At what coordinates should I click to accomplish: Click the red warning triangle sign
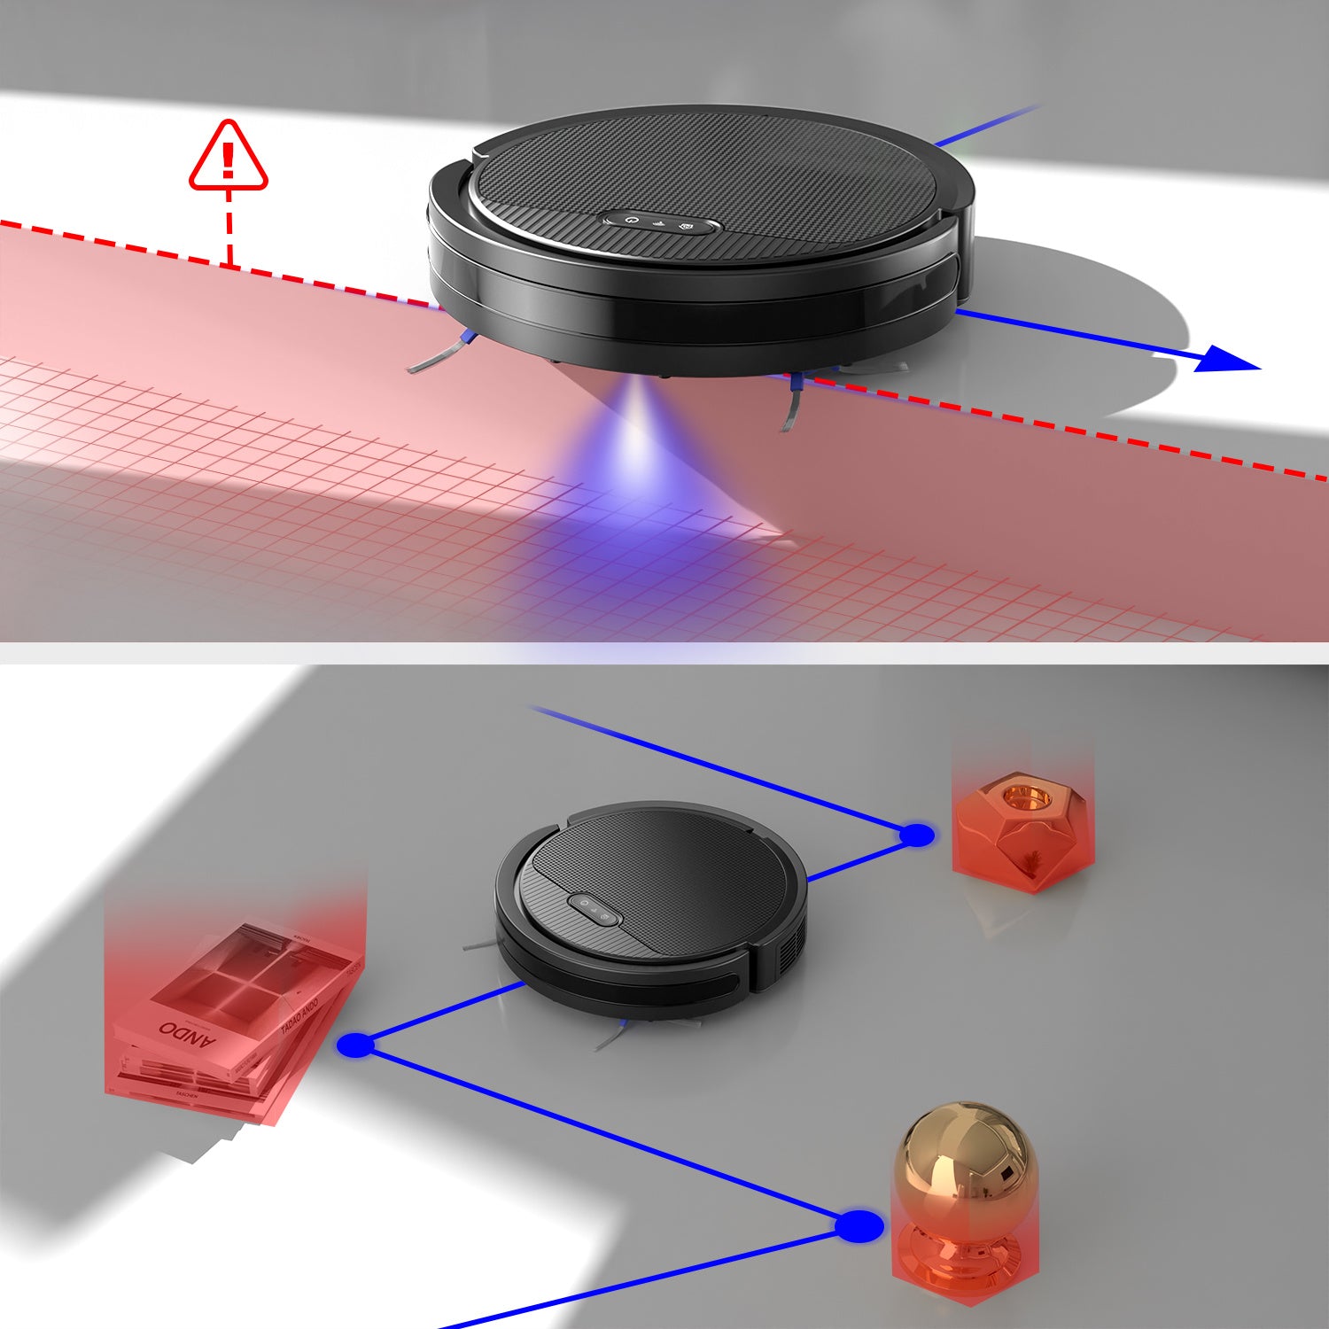coord(228,157)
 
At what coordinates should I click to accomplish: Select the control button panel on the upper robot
coord(661,222)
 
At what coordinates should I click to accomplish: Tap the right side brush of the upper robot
coord(791,403)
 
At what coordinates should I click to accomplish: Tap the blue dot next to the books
coord(356,1045)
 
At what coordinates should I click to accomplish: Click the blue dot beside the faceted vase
coord(917,835)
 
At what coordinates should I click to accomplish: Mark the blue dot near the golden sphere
coord(859,1226)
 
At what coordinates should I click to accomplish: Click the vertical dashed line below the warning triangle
coord(229,229)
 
